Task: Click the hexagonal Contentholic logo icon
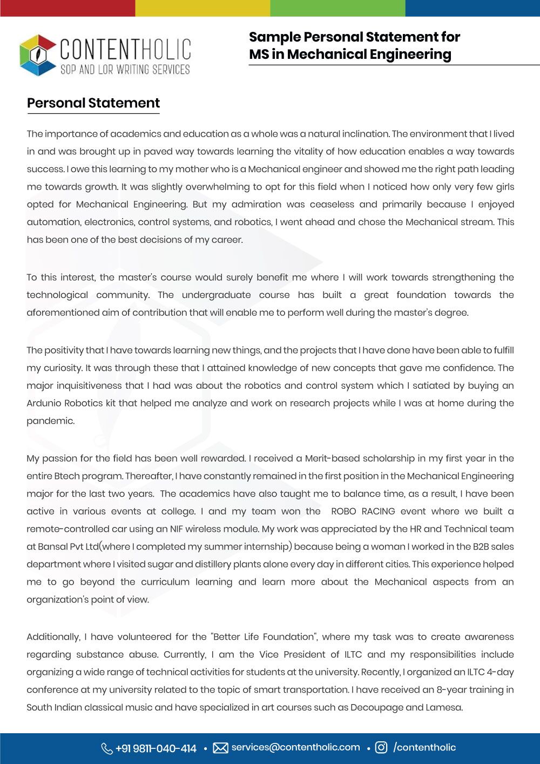pyautogui.click(x=38, y=55)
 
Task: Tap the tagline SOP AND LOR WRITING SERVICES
pyautogui.click(x=125, y=70)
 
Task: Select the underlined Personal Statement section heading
pyautogui.click(x=93, y=103)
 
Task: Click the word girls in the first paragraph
pyautogui.click(x=503, y=187)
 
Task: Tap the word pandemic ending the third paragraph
pyautogui.click(x=50, y=421)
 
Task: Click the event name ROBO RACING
pyautogui.click(x=363, y=511)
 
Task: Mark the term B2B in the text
pyautogui.click(x=481, y=546)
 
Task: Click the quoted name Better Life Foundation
pyautogui.click(x=264, y=637)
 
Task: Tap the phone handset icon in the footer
pyautogui.click(x=107, y=748)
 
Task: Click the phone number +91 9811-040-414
pyautogui.click(x=156, y=748)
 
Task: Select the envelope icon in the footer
pyautogui.click(x=220, y=748)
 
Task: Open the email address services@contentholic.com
pyautogui.click(x=295, y=747)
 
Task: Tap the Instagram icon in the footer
pyautogui.click(x=381, y=748)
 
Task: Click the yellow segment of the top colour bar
pyautogui.click(x=202, y=8)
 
